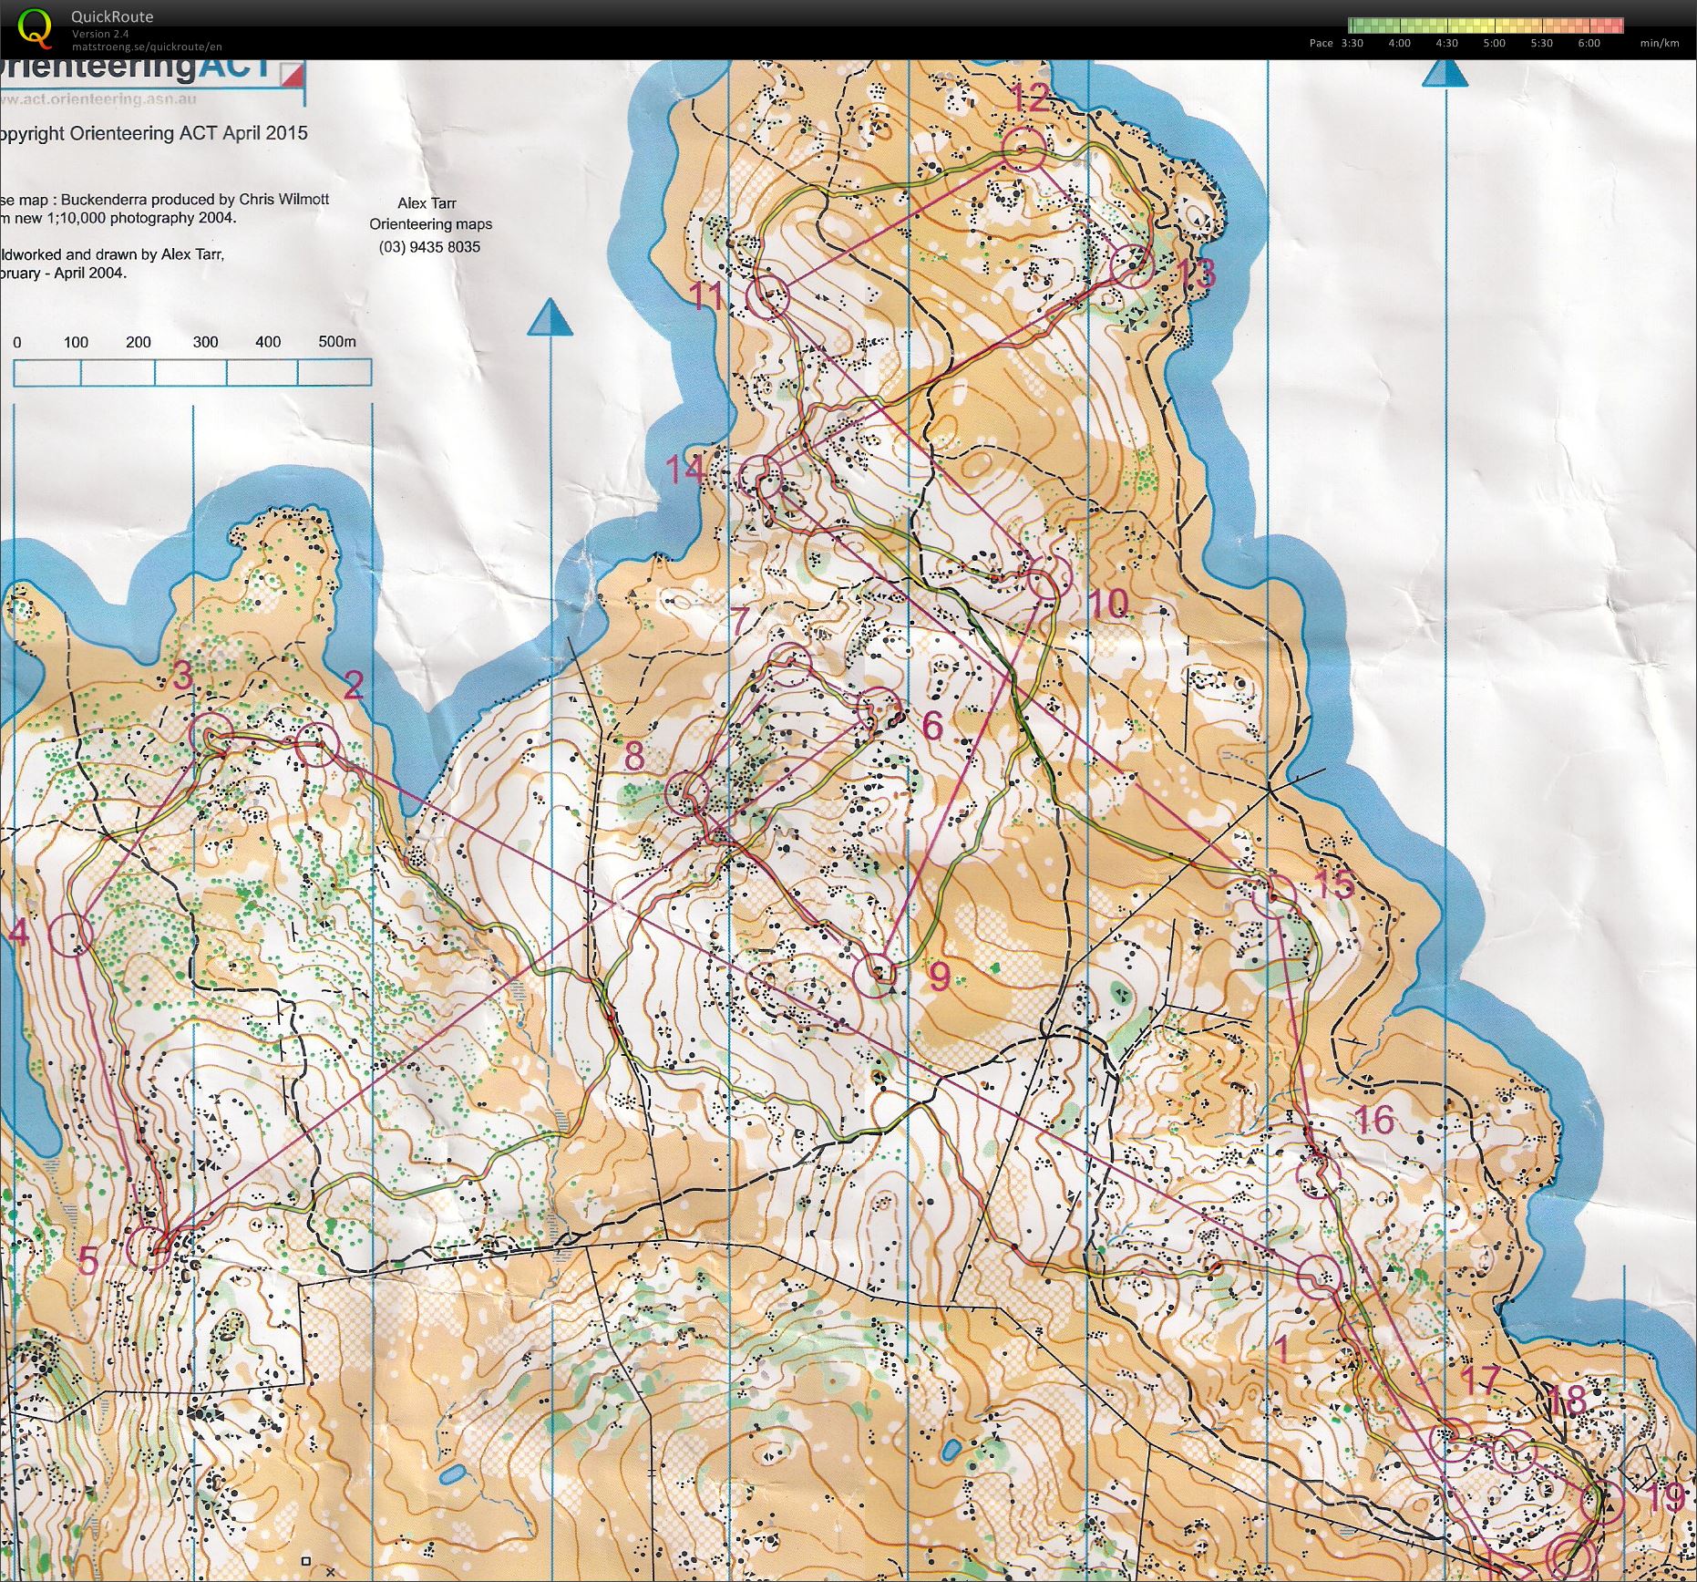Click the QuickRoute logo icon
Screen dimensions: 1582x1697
[35, 27]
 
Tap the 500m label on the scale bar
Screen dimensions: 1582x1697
[336, 341]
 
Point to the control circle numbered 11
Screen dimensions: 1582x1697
[767, 296]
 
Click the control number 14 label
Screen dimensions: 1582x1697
[684, 469]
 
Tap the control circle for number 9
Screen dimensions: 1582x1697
[875, 975]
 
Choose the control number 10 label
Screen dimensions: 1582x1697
[1108, 603]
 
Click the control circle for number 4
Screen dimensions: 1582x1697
[71, 934]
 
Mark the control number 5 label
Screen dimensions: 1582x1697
[88, 1262]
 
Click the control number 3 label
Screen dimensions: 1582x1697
[182, 676]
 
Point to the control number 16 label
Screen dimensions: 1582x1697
[1373, 1120]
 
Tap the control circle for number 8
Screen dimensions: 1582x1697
[687, 793]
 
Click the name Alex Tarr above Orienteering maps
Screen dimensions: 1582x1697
[427, 202]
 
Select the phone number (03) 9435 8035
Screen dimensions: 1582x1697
[429, 246]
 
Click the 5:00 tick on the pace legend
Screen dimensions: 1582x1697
[1494, 43]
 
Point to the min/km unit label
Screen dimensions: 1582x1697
[1659, 43]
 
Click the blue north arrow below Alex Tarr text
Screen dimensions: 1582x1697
[550, 318]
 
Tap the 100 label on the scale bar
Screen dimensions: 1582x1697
[76, 342]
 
